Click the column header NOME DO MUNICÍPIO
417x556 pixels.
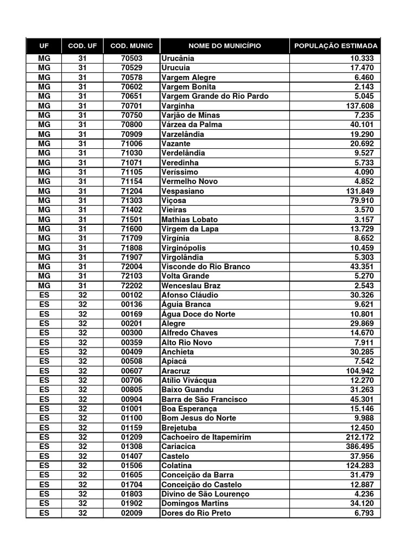[x=224, y=46]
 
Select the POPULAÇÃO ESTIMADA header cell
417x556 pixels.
[x=335, y=46]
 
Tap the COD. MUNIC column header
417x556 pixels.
[x=131, y=46]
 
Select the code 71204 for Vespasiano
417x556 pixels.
[x=131, y=191]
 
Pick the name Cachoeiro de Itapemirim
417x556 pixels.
[x=206, y=437]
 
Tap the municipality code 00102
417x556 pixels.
[x=131, y=295]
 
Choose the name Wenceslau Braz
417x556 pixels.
[x=191, y=286]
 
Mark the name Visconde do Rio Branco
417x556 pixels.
[x=205, y=267]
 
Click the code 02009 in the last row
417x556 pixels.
[x=131, y=513]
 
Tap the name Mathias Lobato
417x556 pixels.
[x=189, y=219]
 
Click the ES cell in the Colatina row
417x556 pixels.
[x=44, y=465]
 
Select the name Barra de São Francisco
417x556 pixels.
[x=204, y=399]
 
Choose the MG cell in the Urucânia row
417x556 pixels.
[x=44, y=58]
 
